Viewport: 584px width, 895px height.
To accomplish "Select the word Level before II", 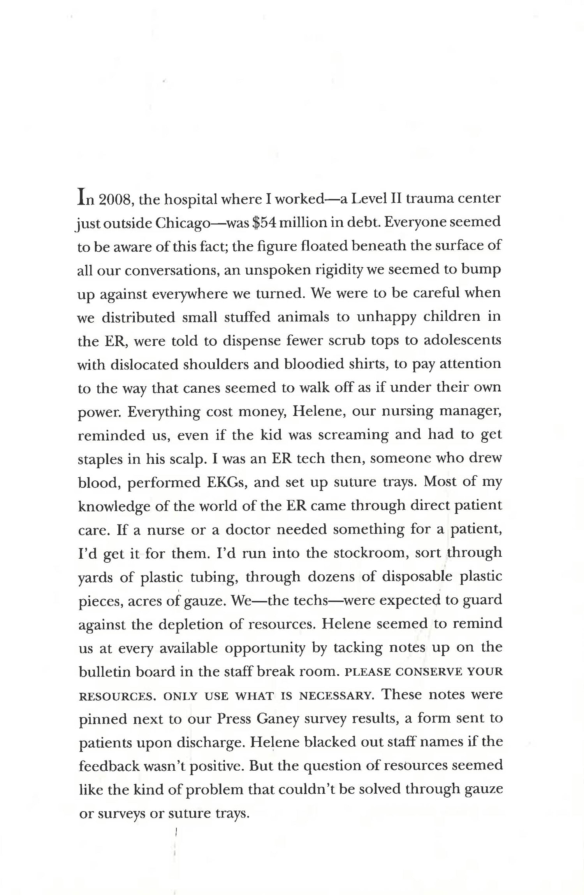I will coord(371,199).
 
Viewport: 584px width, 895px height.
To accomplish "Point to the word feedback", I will coord(109,766).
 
